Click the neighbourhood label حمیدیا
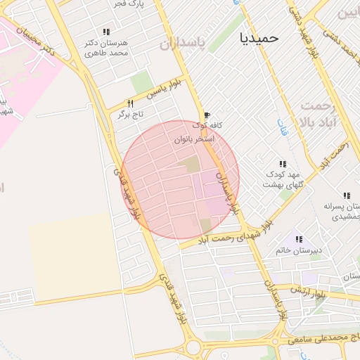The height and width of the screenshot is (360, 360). tap(259, 37)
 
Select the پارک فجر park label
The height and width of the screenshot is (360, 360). tap(129, 4)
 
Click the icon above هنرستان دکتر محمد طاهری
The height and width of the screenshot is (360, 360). tap(106, 32)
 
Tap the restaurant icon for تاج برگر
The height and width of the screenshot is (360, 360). tap(129, 103)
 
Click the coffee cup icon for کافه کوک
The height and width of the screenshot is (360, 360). tap(207, 115)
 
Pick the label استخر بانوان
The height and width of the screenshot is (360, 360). tap(193, 140)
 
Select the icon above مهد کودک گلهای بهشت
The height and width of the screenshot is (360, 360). tap(282, 164)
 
